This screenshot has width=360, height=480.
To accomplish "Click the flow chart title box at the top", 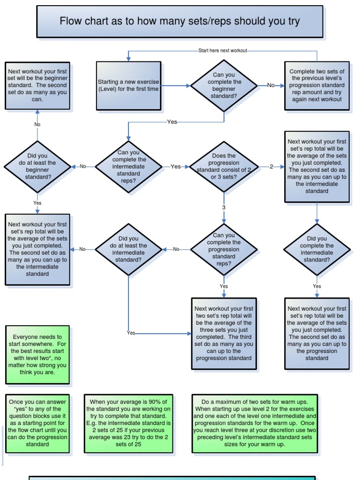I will click(180, 22).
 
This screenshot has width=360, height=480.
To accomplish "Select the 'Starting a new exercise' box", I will click(128, 85).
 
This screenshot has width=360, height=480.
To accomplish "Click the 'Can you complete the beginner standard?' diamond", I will click(224, 85).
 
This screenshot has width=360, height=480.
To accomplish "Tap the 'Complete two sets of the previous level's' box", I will click(316, 86).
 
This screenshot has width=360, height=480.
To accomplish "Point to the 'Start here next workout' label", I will click(222, 51).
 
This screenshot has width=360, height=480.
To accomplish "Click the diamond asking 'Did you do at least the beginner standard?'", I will click(37, 166).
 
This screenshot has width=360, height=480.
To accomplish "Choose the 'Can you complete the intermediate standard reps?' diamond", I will click(128, 166).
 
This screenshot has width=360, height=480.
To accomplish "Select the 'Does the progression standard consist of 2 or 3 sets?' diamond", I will click(224, 166).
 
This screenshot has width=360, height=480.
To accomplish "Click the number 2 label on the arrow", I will click(271, 166).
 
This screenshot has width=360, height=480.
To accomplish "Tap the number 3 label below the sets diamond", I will click(224, 207).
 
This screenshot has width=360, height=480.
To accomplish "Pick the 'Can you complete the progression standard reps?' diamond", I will click(224, 249).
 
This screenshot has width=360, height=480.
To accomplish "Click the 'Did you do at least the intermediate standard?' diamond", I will click(128, 249).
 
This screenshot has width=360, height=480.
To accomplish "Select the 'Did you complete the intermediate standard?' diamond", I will click(316, 249).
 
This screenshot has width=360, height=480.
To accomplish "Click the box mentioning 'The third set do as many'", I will click(224, 334).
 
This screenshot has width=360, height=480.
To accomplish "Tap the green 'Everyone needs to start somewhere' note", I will click(37, 355).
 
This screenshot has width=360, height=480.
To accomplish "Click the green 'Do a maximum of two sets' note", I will click(254, 423).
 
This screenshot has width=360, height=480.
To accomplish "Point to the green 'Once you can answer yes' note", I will click(37, 423).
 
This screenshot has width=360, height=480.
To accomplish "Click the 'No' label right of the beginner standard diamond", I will click(271, 85).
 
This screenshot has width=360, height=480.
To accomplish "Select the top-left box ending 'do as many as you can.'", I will click(37, 86).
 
